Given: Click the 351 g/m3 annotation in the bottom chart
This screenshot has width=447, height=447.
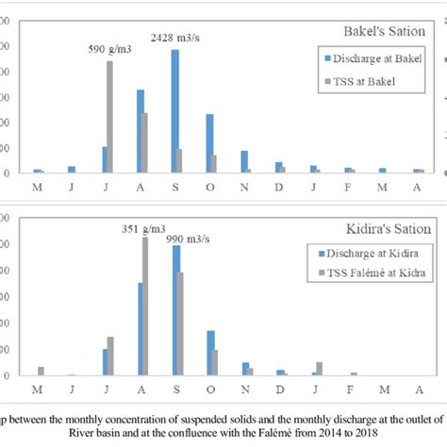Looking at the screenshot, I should tap(142, 226).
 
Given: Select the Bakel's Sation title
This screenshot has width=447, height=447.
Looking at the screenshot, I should tap(389, 31).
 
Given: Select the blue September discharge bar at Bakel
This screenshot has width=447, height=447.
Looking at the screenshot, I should tap(174, 111).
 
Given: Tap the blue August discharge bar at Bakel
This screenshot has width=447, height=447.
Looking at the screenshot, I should tap(141, 131).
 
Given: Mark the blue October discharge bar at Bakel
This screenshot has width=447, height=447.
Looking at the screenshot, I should tap(209, 143).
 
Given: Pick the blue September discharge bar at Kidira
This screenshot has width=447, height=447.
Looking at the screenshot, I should tap(175, 310).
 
